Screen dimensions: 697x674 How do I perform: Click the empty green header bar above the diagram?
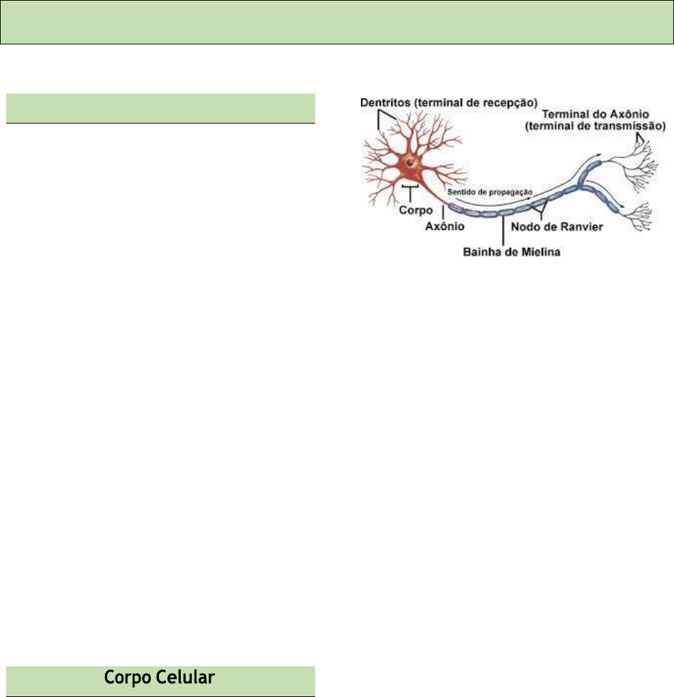(x=337, y=22)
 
